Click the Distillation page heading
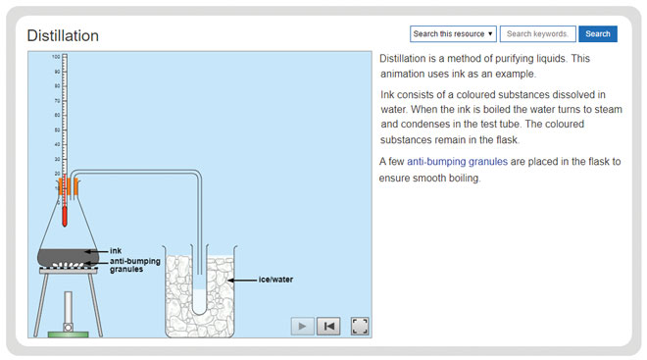[63, 35]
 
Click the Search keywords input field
[537, 33]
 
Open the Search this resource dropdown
[453, 33]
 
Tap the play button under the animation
[302, 326]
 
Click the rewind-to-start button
[328, 326]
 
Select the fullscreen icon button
[359, 326]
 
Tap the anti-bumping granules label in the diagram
[135, 264]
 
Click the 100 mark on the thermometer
[57, 57]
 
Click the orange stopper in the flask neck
[67, 184]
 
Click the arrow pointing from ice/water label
[241, 280]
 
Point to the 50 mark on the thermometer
[57, 129]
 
